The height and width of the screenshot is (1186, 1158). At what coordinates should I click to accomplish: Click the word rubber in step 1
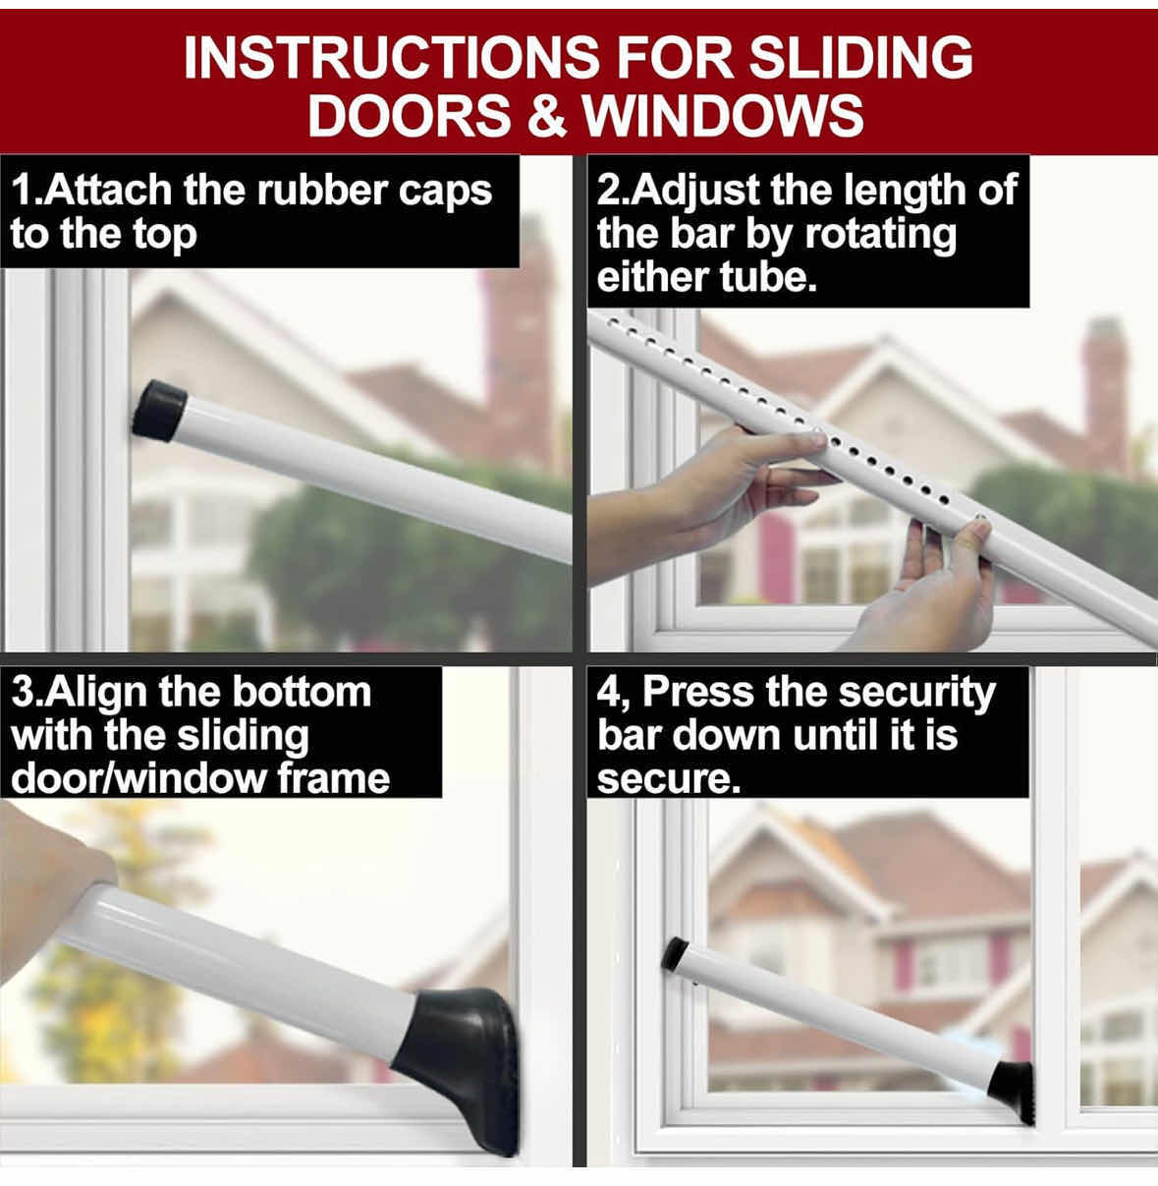coord(321,191)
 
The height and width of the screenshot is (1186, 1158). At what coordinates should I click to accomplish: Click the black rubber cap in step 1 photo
coord(159,410)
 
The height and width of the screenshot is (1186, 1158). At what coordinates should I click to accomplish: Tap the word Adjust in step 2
coord(695,192)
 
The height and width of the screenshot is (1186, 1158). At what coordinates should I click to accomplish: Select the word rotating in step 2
coord(880,237)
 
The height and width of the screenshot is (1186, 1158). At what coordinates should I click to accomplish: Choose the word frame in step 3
coord(333,779)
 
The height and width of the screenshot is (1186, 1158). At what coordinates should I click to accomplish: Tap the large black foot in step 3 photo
coord(463,1071)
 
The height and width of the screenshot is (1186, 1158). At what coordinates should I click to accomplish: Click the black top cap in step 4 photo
coord(675,954)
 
